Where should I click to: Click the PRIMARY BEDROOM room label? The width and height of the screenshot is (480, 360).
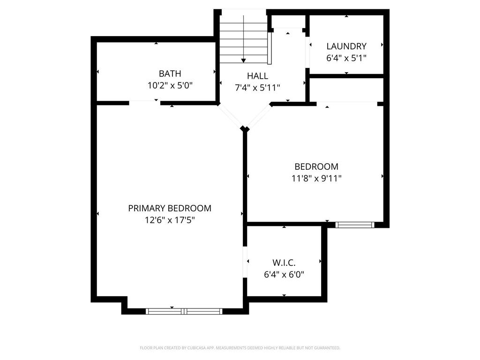(170, 208)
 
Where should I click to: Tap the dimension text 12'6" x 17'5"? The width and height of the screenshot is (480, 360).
(170, 220)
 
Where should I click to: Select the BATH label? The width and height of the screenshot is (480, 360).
(170, 74)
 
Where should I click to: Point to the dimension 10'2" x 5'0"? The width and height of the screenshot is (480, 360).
(170, 85)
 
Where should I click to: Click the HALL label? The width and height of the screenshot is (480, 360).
(257, 76)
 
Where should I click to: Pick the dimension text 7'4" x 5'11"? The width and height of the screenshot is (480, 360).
(257, 88)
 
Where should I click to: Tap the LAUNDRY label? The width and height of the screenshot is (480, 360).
(346, 46)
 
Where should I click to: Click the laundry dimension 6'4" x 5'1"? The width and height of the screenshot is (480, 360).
(346, 58)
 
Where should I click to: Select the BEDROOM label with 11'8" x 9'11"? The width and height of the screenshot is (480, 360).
(316, 166)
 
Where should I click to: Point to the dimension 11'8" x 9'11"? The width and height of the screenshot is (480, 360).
(316, 178)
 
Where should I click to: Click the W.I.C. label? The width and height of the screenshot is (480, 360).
(284, 263)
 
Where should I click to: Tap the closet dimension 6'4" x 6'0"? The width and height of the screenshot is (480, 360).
(284, 275)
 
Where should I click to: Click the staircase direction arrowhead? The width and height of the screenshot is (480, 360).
(243, 60)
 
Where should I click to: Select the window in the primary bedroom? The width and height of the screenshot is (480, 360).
(184, 311)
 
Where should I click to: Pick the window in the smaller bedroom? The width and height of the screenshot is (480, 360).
(355, 225)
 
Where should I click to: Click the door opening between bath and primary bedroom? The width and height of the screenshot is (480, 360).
(144, 102)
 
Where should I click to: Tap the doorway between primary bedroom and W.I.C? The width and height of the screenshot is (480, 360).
(245, 262)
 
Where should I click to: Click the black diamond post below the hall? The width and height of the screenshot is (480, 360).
(244, 128)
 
